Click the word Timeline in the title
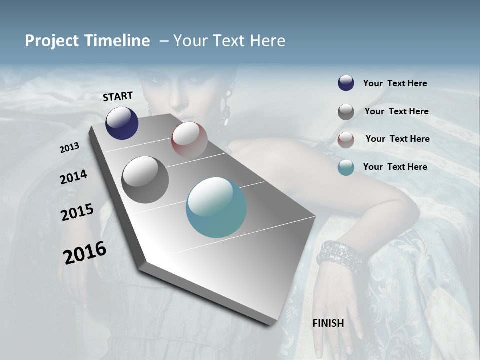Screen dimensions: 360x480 click(x=118, y=41)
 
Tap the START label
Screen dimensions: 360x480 click(x=118, y=96)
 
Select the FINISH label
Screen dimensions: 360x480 click(x=328, y=323)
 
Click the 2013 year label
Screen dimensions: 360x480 click(x=69, y=148)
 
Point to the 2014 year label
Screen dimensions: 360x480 click(x=73, y=177)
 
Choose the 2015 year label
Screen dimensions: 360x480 click(x=77, y=212)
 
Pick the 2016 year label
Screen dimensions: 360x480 click(x=85, y=252)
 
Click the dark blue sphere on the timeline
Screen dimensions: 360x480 click(x=122, y=123)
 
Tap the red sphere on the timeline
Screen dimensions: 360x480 click(x=189, y=140)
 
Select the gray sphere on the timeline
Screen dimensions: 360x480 click(x=145, y=179)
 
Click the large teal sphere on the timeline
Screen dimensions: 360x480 click(x=216, y=207)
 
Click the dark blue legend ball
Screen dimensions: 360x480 click(x=346, y=83)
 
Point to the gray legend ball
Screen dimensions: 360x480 click(x=346, y=112)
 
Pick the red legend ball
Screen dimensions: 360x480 click(x=346, y=139)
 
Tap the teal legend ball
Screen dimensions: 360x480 click(x=346, y=167)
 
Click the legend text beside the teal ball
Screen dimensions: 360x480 click(x=395, y=167)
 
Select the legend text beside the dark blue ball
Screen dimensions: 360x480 click(x=395, y=83)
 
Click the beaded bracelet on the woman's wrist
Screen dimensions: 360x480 click(x=339, y=256)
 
